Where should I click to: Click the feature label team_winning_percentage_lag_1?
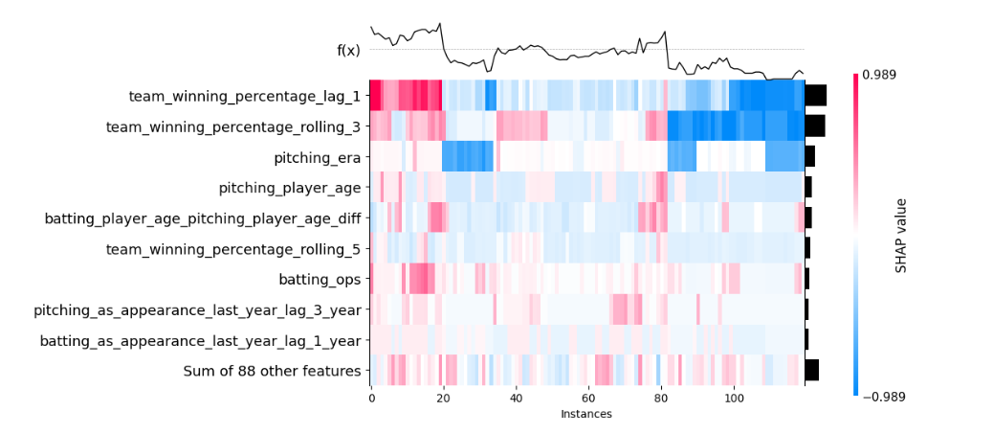click(x=245, y=96)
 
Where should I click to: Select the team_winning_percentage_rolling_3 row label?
click(x=233, y=126)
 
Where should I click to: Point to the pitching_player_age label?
click(x=290, y=187)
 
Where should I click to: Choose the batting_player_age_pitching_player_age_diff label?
click(x=203, y=217)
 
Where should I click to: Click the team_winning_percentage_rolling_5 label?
click(x=233, y=248)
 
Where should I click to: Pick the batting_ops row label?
click(x=320, y=279)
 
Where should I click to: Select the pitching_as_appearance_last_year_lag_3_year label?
click(x=197, y=309)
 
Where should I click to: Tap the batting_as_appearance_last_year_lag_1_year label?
click(x=200, y=340)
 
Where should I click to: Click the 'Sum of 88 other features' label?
click(x=272, y=371)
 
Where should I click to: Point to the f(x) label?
click(x=348, y=50)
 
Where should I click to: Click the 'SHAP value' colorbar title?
click(x=901, y=235)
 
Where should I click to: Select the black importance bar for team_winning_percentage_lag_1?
click(x=815, y=95)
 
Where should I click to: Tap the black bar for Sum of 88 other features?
click(x=811, y=371)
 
